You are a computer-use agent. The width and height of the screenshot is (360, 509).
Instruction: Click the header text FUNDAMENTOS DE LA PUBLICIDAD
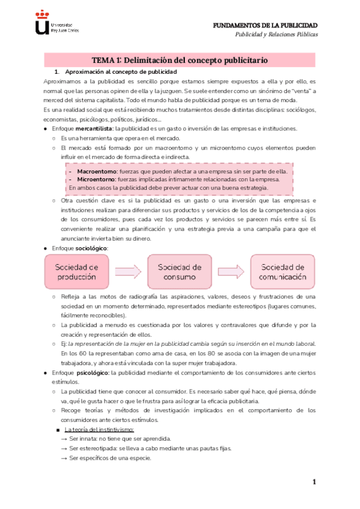[x=266, y=25]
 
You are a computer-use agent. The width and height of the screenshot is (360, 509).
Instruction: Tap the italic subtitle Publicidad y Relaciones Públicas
[x=275, y=35]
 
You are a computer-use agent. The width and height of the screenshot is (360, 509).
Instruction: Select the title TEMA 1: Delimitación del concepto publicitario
[x=179, y=61]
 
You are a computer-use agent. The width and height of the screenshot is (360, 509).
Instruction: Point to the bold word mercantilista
[x=95, y=129]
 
